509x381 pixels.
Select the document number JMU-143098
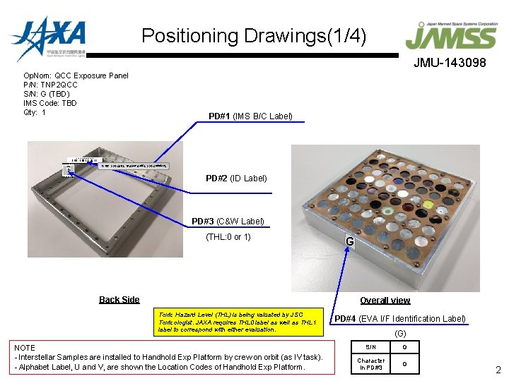pos(450,63)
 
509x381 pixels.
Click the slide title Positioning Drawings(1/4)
pos(254,35)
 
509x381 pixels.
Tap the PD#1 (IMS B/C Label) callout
pos(250,116)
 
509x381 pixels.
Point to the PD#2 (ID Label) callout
pos(236,178)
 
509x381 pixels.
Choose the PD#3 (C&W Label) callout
pos(228,222)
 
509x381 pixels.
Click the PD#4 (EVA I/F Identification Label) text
pos(399,319)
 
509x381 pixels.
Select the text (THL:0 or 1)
pos(228,236)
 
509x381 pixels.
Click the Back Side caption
pos(119,300)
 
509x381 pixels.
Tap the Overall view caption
pos(385,300)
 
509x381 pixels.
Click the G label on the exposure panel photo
pos(349,242)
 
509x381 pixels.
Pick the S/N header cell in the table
pos(370,346)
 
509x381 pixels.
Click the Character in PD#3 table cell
pos(370,364)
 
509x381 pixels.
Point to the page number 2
pos(498,370)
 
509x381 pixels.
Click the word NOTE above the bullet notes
pos(25,348)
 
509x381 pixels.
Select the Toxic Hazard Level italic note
pos(236,321)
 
